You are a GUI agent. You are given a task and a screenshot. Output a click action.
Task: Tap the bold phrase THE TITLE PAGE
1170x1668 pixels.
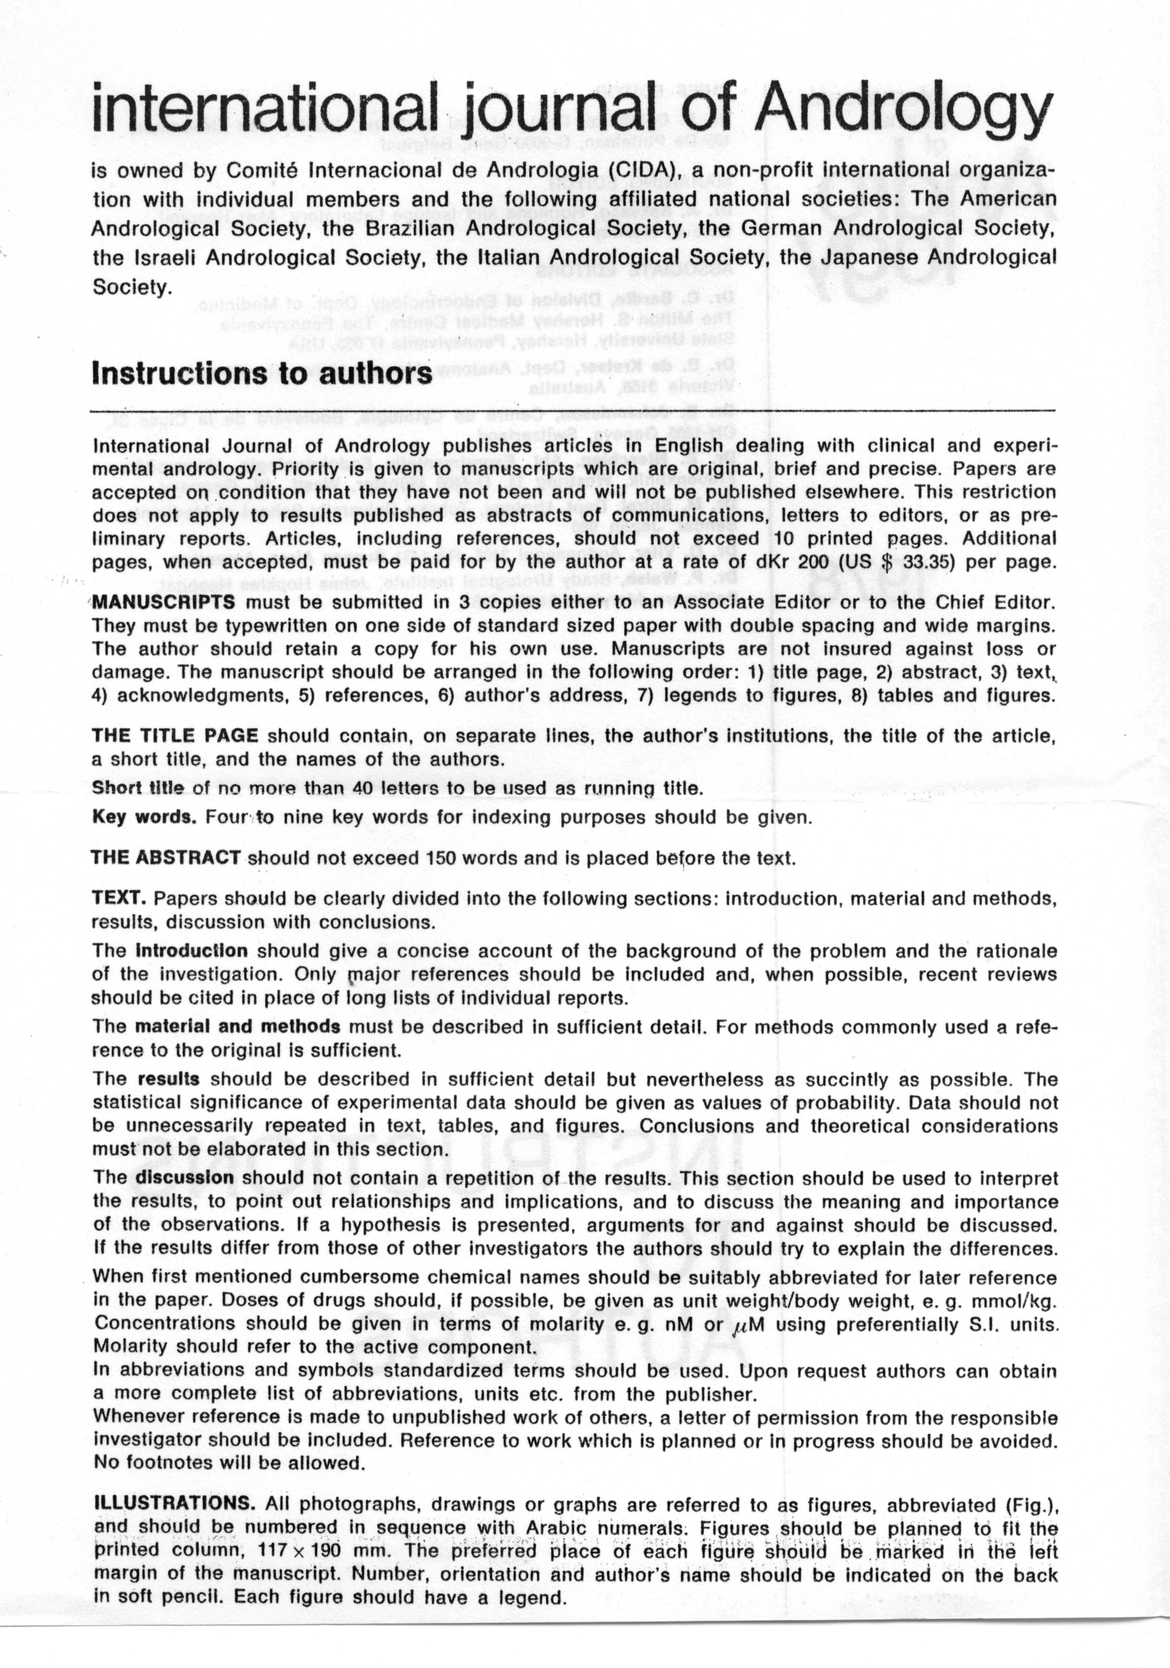175,735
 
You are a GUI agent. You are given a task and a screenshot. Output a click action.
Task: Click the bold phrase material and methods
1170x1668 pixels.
238,1027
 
